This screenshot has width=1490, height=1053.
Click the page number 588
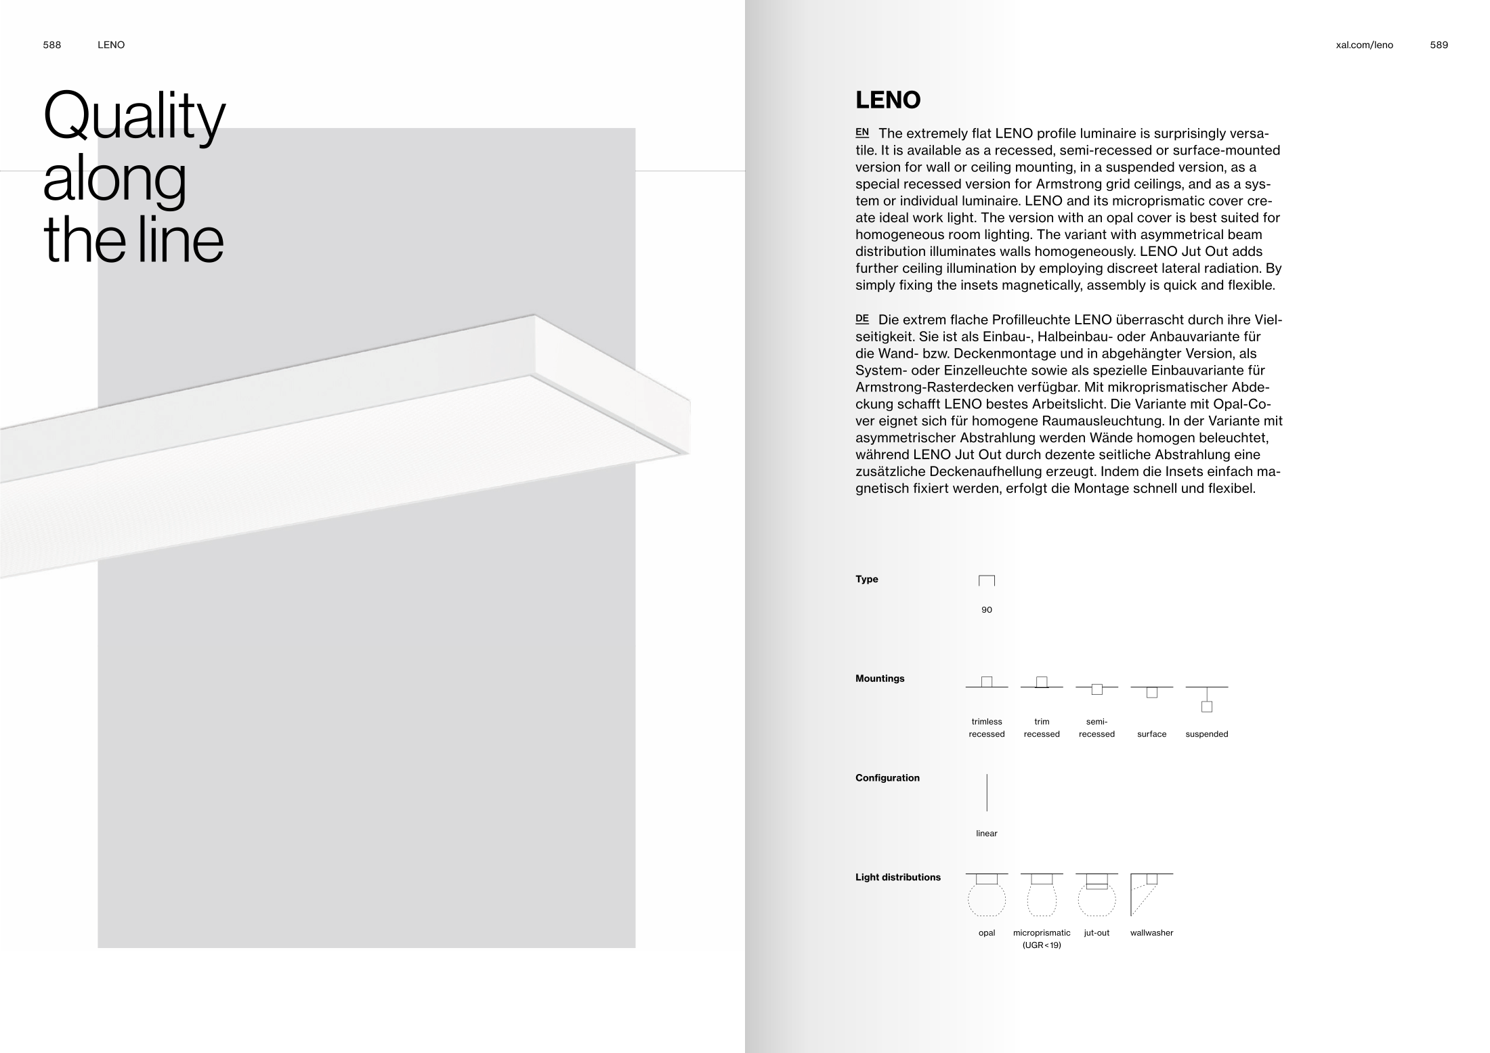(x=52, y=45)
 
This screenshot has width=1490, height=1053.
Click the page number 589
(x=1439, y=45)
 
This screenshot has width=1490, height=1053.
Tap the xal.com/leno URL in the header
(x=1364, y=45)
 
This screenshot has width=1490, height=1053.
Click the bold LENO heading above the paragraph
(x=888, y=100)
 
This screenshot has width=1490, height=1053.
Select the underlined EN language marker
(x=862, y=133)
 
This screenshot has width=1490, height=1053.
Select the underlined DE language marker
(x=862, y=319)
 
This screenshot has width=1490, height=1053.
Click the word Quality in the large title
(x=134, y=116)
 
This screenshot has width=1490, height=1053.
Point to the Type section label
(x=866, y=579)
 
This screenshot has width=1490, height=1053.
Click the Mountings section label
(x=880, y=679)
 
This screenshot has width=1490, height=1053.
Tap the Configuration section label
(x=887, y=778)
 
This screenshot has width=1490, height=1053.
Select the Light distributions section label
(x=897, y=878)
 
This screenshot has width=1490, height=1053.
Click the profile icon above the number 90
(x=987, y=581)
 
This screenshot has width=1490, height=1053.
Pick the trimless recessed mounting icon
(x=987, y=683)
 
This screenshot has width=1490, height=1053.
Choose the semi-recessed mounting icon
(x=1097, y=689)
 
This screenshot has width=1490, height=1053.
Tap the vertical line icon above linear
(x=987, y=793)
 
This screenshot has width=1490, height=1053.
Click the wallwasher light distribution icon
(x=1151, y=894)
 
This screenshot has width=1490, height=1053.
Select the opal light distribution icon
(x=987, y=895)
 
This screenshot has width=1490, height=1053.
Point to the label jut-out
(x=1097, y=933)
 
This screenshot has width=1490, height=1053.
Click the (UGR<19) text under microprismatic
(x=1042, y=945)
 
